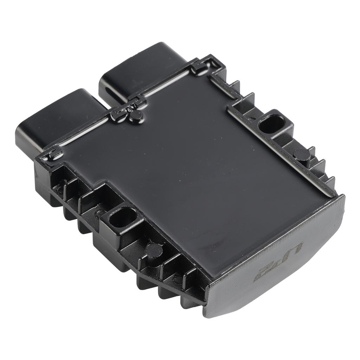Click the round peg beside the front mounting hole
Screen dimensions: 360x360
click(x=154, y=250)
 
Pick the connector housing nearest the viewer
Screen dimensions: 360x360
click(x=53, y=118)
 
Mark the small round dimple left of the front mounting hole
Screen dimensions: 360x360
click(x=100, y=212)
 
